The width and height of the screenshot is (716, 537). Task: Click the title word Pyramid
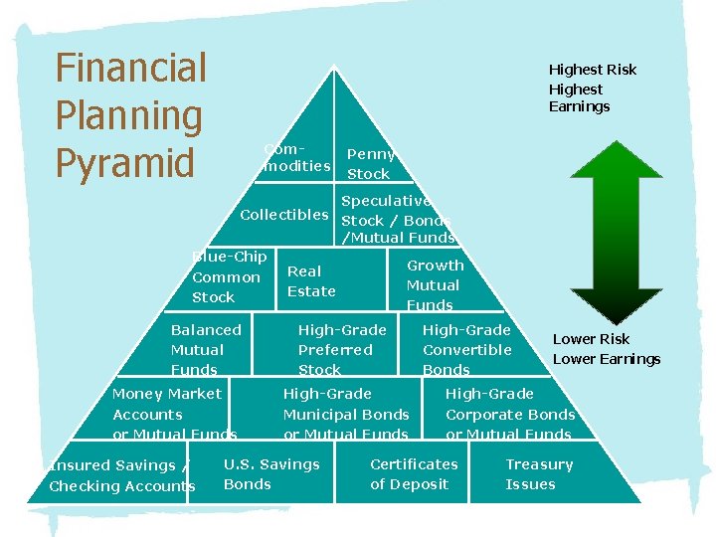click(x=124, y=162)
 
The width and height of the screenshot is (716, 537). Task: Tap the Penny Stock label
click(x=370, y=164)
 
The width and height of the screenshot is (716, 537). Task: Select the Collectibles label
click(x=284, y=215)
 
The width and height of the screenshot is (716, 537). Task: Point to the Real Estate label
click(x=311, y=280)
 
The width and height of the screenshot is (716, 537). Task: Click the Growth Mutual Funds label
click(x=434, y=285)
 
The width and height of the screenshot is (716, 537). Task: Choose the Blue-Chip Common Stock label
click(x=228, y=277)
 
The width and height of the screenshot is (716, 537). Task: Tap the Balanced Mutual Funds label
click(x=206, y=349)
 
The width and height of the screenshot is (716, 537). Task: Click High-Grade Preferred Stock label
click(x=341, y=349)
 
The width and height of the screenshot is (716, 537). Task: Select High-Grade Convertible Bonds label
click(x=466, y=349)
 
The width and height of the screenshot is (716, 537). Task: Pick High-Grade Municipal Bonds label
click(x=345, y=414)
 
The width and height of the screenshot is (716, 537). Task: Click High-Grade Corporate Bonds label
click(x=509, y=414)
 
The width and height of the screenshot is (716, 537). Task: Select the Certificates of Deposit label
click(x=414, y=474)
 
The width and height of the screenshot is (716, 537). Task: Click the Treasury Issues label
click(x=539, y=474)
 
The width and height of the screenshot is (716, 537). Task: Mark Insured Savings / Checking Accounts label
click(x=121, y=475)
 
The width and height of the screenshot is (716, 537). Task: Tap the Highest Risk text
click(x=592, y=70)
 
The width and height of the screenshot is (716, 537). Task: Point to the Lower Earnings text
click(x=606, y=359)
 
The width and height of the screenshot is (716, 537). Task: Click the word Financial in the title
click(x=131, y=70)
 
